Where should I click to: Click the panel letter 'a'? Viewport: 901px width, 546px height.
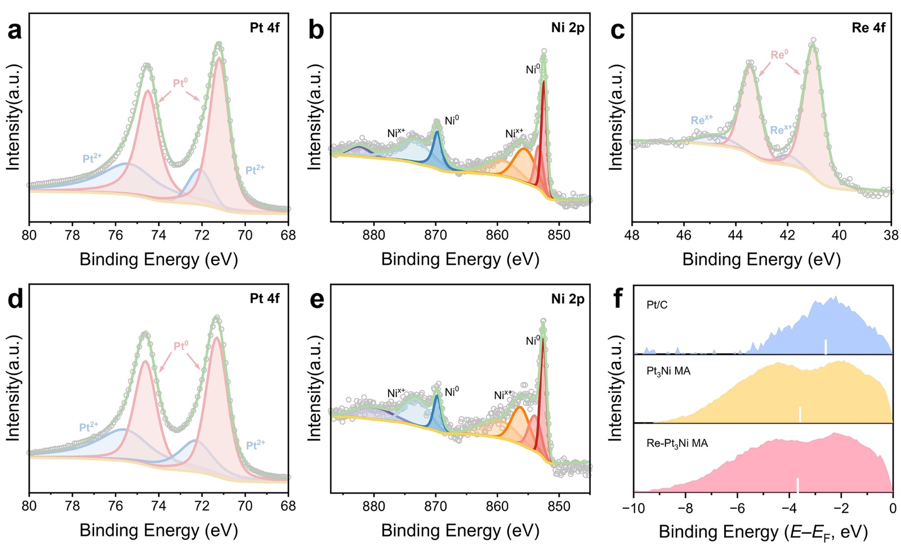click(x=15, y=30)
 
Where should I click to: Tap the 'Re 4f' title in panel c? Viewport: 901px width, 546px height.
click(x=868, y=28)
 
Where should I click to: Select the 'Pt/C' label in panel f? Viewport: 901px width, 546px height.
click(x=657, y=305)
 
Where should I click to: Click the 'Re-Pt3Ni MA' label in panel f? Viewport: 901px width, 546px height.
click(x=677, y=443)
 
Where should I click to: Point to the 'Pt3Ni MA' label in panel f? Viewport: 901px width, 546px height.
click(x=668, y=371)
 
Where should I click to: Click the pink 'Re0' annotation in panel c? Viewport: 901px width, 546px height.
click(x=779, y=55)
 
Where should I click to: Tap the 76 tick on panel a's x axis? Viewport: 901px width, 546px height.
click(x=115, y=234)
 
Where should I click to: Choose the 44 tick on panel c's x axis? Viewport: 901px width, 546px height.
click(x=735, y=234)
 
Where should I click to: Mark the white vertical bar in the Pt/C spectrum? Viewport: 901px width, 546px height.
click(x=826, y=347)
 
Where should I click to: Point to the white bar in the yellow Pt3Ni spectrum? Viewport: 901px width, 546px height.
click(x=800, y=415)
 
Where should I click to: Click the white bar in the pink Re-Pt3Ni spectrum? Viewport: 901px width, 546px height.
click(x=797, y=485)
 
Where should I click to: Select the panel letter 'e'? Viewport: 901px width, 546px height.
click(x=316, y=300)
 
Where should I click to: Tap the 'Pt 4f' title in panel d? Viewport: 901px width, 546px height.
click(x=265, y=298)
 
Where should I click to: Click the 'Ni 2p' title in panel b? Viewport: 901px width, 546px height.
click(x=568, y=28)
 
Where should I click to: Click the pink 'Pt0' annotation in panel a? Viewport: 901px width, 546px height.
click(x=180, y=83)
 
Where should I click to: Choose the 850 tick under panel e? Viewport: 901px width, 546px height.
click(x=559, y=506)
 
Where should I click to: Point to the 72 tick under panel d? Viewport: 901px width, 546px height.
click(x=202, y=506)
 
